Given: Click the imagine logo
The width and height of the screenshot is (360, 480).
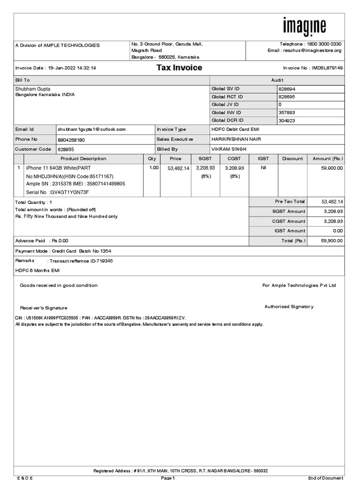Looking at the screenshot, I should click(x=304, y=27).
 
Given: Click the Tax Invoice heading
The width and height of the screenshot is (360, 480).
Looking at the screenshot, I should click(x=179, y=68).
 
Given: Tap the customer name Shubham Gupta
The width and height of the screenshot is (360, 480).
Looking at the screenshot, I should click(x=33, y=89).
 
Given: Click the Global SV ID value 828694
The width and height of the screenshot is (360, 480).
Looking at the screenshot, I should click(x=287, y=89).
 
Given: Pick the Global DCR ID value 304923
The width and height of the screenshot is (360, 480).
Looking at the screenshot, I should click(x=287, y=120).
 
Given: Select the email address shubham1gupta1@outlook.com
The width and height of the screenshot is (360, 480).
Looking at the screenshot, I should click(x=92, y=129).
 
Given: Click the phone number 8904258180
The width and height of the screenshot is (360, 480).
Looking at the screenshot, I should click(x=72, y=140).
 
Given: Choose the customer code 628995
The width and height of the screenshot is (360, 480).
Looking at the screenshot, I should click(x=66, y=149).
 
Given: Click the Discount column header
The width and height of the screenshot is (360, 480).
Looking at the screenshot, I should click(x=292, y=159).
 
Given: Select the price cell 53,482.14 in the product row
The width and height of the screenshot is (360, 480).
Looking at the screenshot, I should click(x=178, y=168).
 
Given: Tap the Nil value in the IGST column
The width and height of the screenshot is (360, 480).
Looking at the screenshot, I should click(x=263, y=168).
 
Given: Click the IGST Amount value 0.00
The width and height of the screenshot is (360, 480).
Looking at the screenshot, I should click(x=337, y=231).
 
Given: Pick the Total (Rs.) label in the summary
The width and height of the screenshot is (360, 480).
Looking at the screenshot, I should click(x=293, y=240).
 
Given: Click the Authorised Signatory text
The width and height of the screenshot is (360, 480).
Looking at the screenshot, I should click(x=289, y=307).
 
